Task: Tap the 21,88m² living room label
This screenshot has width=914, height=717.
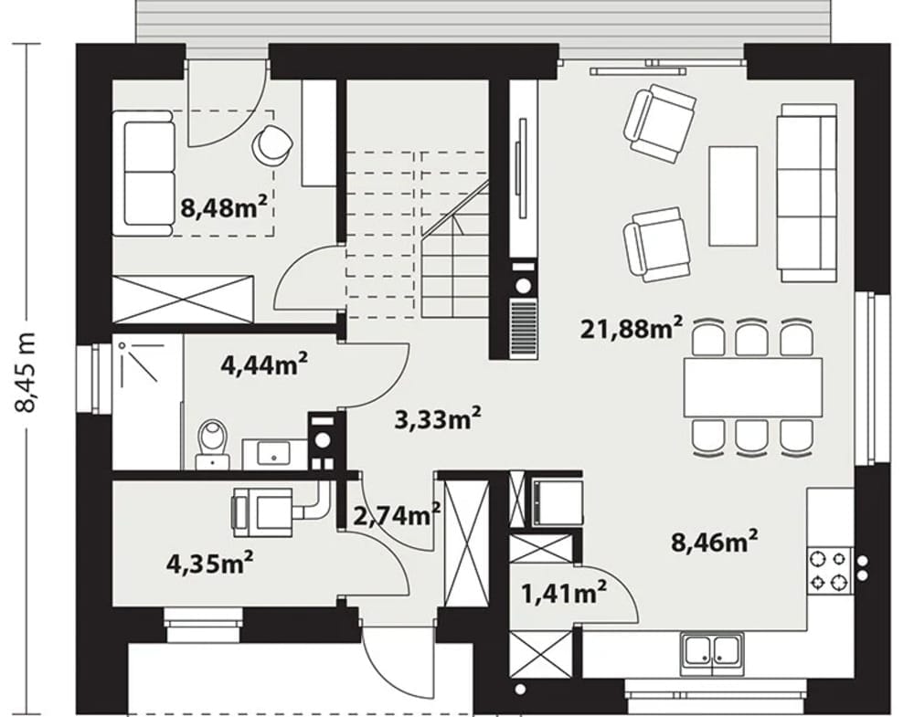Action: [631, 327]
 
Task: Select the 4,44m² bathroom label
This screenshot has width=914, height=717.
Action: [264, 364]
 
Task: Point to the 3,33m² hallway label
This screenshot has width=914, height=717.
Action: [438, 418]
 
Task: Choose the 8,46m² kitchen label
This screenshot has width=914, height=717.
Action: [715, 541]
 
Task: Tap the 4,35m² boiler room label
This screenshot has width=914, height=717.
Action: [210, 562]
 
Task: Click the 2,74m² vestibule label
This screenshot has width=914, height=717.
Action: [397, 514]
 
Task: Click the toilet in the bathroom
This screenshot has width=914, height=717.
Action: [212, 444]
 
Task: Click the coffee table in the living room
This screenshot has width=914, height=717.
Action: [733, 195]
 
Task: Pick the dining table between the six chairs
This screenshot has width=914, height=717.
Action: [753, 386]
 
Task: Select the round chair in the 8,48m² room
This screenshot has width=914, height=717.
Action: [271, 143]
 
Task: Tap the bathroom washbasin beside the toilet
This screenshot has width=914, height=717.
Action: [273, 453]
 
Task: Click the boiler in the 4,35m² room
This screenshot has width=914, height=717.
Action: [261, 512]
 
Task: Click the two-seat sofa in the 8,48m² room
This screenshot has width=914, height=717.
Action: [143, 173]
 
